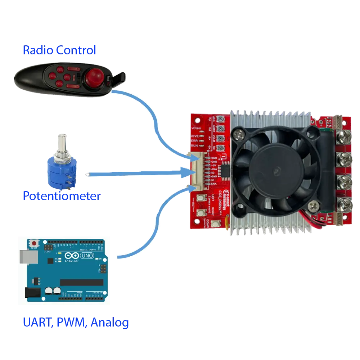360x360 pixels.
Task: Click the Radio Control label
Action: tap(59, 50)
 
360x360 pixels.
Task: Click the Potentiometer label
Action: tap(62, 196)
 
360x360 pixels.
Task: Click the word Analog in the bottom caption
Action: tap(109, 322)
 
